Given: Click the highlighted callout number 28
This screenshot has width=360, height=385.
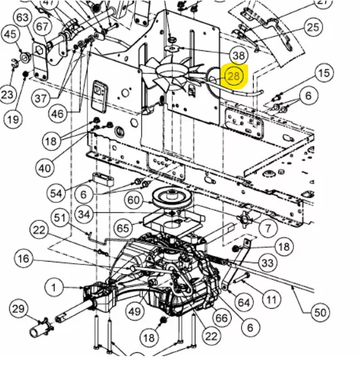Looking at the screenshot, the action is click(x=233, y=76).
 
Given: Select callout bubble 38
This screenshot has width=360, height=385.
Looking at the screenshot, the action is click(x=238, y=55).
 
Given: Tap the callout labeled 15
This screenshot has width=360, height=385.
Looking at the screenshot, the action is click(x=323, y=73).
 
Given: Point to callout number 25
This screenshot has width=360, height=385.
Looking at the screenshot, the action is click(x=313, y=27).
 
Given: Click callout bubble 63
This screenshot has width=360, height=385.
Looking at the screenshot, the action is click(x=23, y=17).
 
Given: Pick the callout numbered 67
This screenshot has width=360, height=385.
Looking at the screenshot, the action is click(x=42, y=26).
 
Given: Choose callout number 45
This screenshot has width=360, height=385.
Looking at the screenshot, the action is click(x=10, y=34).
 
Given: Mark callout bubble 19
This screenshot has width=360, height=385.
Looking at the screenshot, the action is click(x=13, y=120).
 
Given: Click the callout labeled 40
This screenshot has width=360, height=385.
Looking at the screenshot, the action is click(x=45, y=169).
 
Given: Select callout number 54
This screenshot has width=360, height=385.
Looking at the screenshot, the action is click(x=56, y=193).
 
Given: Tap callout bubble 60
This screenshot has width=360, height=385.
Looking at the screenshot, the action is click(x=133, y=200).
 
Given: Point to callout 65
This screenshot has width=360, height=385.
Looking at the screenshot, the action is click(x=123, y=228).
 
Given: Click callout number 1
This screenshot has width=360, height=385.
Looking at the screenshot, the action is click(x=54, y=287).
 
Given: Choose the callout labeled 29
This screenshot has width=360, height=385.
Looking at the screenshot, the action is click(x=19, y=309).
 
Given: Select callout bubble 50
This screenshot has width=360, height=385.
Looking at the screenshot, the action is click(x=320, y=312).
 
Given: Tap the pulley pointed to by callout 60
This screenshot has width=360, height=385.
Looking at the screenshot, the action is click(x=172, y=198).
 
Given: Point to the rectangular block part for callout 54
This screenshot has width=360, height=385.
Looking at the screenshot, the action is click(x=103, y=179).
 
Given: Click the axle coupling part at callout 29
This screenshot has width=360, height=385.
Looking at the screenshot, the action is click(x=41, y=328).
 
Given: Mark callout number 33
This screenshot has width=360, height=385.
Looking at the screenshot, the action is click(x=267, y=263).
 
